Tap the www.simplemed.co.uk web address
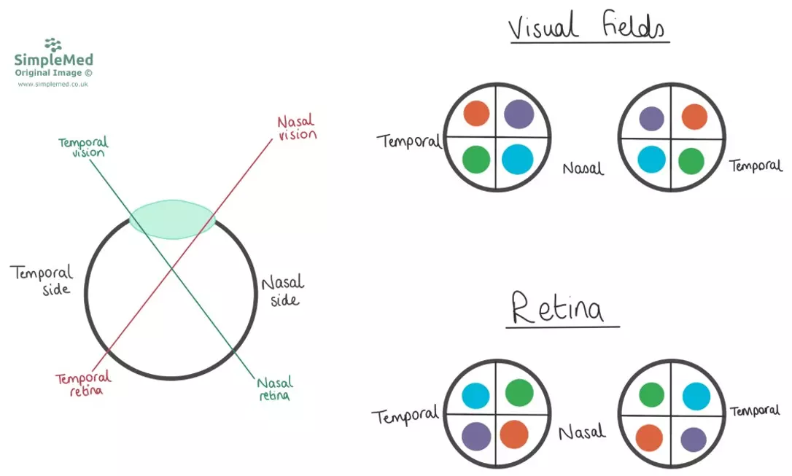[53, 85]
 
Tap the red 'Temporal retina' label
[83, 383]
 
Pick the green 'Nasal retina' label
[274, 389]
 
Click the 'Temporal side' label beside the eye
[42, 280]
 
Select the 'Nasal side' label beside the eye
[282, 290]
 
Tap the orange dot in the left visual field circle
[476, 114]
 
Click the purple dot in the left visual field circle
[519, 114]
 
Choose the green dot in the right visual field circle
[691, 161]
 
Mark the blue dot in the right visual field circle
[651, 159]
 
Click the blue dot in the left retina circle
[475, 395]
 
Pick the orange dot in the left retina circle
[514, 435]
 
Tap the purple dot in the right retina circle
[693, 440]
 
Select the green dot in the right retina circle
[651, 396]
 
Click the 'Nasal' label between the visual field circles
[583, 168]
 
